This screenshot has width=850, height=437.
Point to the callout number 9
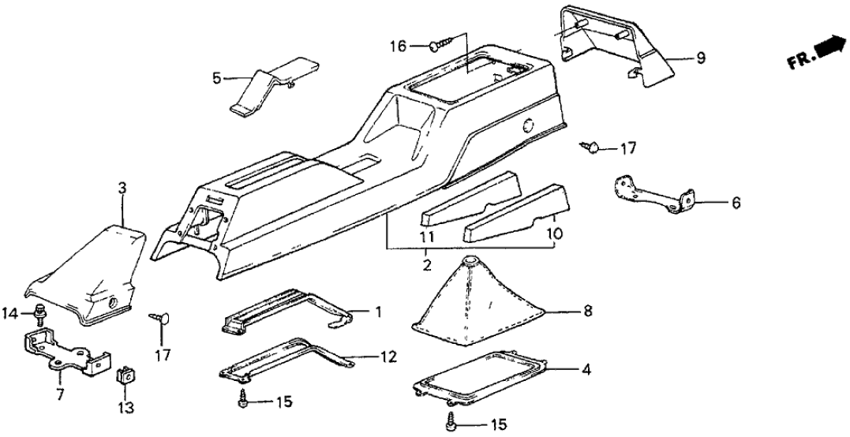[700, 58]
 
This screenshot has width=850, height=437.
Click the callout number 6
[736, 202]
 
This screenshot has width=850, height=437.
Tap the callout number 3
[122, 189]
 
